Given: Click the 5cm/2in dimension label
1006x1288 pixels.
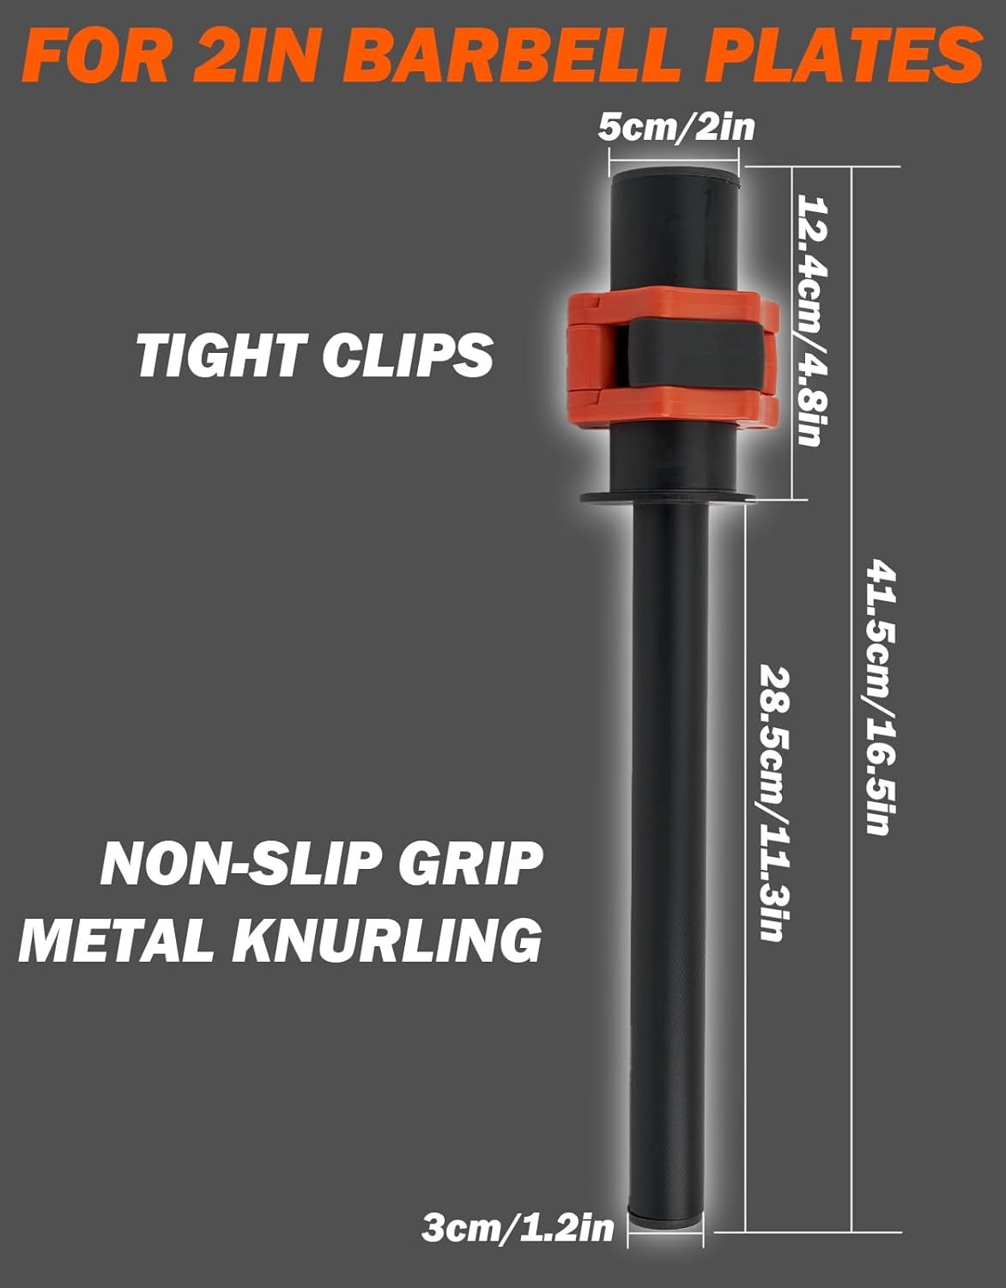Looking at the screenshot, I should click(x=676, y=128).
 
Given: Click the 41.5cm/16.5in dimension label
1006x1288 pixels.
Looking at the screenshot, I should click(x=881, y=696).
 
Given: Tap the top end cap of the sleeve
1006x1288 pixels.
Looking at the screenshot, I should click(x=674, y=177).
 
